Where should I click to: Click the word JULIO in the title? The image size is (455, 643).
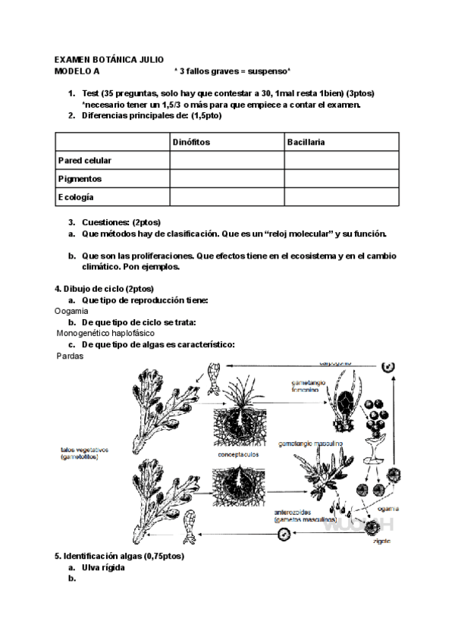point(149,59)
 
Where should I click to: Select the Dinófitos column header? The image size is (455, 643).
point(190,142)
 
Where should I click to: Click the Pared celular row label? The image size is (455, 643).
point(85,160)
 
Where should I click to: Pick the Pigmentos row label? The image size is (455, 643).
point(80,179)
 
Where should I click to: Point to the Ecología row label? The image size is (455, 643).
point(76,197)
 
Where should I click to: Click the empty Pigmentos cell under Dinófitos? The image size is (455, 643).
point(227,179)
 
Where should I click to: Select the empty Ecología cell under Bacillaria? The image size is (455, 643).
point(341,197)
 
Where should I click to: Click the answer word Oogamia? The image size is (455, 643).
point(71,311)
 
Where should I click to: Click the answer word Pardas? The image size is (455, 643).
point(70,356)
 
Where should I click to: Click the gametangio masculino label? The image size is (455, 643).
point(312,442)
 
